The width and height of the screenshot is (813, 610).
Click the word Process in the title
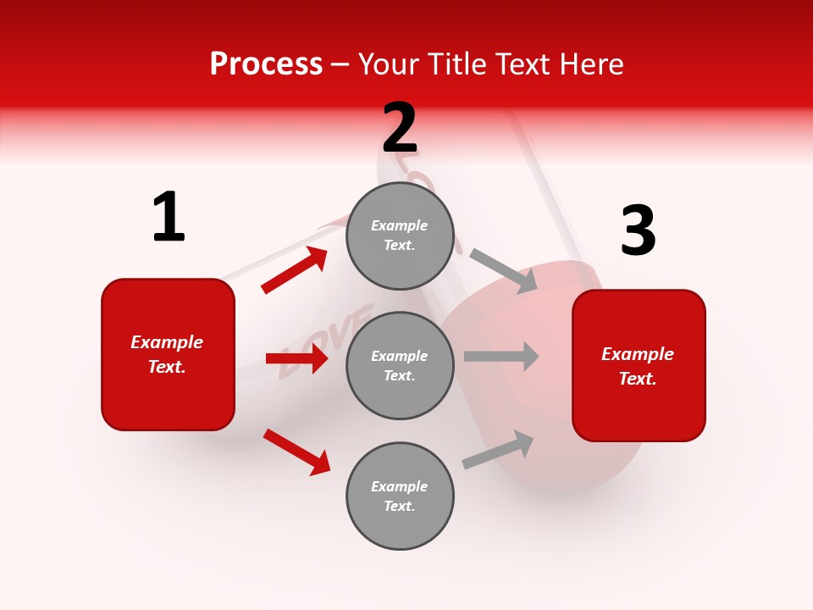point(266,64)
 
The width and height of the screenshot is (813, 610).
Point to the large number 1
point(169,217)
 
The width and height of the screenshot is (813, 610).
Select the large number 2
point(400,128)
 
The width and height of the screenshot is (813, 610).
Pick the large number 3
point(638,230)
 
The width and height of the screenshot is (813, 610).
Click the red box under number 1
point(168,354)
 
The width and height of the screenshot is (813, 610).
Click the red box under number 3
point(639,366)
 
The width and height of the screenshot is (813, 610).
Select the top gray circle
point(400,236)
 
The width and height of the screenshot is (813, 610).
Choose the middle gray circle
point(400,365)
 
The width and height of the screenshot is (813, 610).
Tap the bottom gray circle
point(400,496)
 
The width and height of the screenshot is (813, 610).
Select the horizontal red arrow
point(296,358)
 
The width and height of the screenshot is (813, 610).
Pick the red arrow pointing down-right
point(296,452)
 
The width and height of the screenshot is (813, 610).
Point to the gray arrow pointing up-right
point(498,450)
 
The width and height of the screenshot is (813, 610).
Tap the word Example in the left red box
point(167,342)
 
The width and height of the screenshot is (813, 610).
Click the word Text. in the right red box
point(638,379)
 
